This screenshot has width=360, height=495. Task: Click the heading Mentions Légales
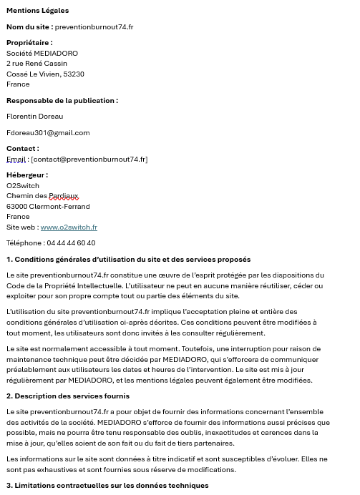38,11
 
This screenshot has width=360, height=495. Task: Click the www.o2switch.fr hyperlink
69,227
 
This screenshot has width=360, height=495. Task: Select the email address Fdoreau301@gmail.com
48,132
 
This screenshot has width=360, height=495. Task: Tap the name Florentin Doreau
35,116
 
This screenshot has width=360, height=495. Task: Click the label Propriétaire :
29,43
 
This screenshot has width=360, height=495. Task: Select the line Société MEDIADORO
42,53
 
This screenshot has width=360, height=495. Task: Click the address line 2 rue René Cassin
37,64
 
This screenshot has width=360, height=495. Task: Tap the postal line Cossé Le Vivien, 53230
45,74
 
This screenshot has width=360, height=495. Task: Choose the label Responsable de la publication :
62,101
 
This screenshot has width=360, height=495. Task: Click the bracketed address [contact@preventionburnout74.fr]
89,160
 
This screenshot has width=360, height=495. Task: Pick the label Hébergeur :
27,175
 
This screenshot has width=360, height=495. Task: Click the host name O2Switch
23,186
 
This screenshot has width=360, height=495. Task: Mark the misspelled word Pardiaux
64,196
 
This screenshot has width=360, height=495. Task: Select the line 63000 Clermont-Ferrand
48,207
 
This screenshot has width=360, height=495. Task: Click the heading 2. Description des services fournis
68,396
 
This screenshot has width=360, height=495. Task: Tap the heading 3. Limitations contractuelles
107,486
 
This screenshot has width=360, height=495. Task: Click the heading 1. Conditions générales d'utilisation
129,260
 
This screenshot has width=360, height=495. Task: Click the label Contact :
23,149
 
